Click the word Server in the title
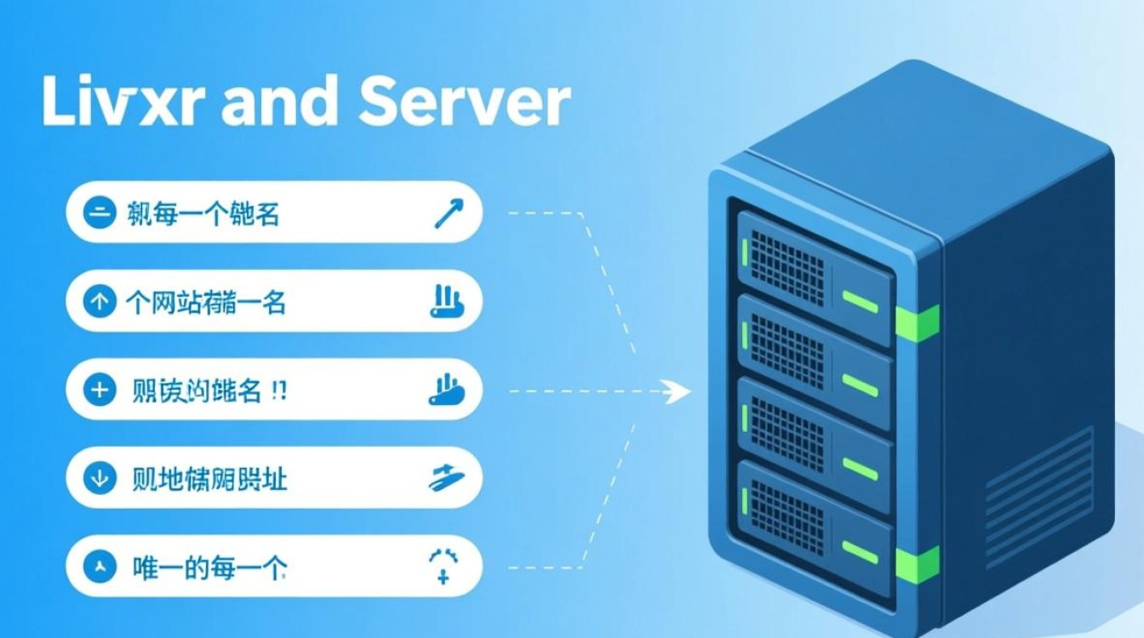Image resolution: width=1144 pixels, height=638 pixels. pos(464,103)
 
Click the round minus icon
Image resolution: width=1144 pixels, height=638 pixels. pos(100,214)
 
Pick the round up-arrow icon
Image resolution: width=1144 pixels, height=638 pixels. pos(100,302)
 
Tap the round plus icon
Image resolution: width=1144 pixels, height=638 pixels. pos(100,390)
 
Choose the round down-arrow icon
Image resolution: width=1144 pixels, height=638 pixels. pos(100,479)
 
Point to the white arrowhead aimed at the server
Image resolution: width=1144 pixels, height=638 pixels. pos(678,391)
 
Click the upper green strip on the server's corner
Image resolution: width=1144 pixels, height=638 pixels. pos(918,322)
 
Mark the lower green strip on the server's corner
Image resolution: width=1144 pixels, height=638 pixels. pos(918,563)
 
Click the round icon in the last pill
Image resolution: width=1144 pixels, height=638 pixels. pos(100,567)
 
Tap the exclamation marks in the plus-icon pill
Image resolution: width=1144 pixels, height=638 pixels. pos(277,390)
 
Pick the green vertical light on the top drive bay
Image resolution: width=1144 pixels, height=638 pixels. pos(746,251)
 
